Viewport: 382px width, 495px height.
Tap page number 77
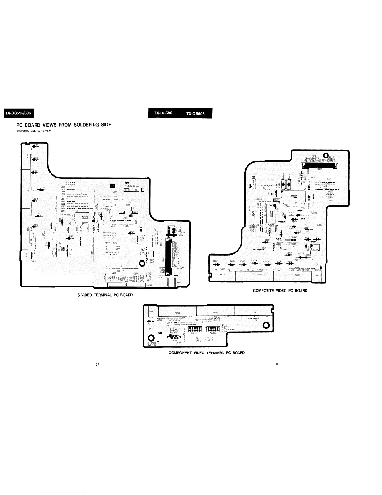(x=97, y=365)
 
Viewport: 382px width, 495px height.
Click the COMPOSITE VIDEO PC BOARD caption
(x=280, y=291)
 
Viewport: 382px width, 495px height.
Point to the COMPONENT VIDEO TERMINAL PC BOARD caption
(x=207, y=353)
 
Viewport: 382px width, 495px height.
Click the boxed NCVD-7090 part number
(x=131, y=190)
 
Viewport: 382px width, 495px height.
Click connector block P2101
(x=254, y=311)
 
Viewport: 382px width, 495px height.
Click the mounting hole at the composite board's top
(x=326, y=155)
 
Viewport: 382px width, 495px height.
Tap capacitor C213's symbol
(x=42, y=190)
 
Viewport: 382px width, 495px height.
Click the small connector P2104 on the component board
(x=152, y=312)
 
